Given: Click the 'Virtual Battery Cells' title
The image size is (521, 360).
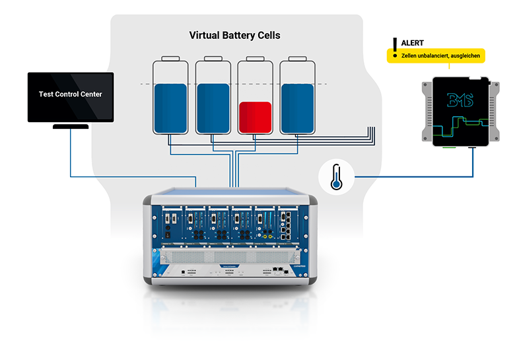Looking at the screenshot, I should [234, 35].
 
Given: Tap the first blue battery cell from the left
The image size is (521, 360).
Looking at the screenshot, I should [170, 109].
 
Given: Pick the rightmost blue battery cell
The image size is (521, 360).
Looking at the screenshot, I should [296, 109].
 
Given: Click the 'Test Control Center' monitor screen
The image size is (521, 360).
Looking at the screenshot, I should [70, 96].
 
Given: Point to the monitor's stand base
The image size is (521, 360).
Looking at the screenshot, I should [70, 126].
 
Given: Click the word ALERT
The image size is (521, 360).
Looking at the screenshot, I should [413, 43].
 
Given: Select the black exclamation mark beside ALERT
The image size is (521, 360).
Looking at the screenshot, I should [395, 44].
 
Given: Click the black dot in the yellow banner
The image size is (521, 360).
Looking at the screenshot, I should [395, 57].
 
